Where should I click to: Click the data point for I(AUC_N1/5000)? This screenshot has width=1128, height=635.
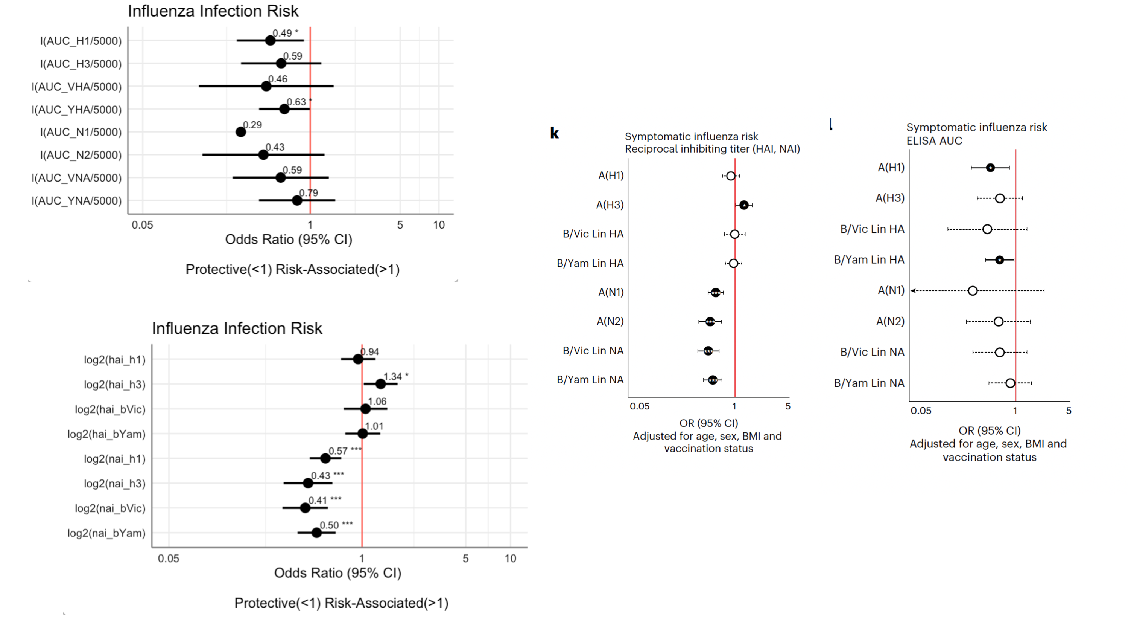[x=240, y=132]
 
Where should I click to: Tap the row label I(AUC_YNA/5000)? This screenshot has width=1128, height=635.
[x=77, y=201]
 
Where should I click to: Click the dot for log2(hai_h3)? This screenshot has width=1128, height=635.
[x=380, y=384]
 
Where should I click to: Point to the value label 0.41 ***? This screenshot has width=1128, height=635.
[x=324, y=501]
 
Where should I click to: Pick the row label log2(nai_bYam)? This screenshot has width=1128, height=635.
[x=106, y=533]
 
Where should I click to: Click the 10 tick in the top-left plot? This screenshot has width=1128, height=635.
[x=439, y=225]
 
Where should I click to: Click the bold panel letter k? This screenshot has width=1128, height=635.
[x=554, y=133]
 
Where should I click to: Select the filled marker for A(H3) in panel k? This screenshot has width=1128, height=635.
[x=743, y=205]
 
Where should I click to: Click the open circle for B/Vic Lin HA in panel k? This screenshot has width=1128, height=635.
[x=734, y=234]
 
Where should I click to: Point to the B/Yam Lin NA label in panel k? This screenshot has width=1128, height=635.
[x=590, y=380]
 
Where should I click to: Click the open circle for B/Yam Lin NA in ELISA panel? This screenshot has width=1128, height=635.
[x=1010, y=383]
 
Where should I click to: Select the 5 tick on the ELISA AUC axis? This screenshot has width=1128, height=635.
[x=1069, y=411]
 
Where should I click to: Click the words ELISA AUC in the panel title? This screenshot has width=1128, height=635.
[x=934, y=141]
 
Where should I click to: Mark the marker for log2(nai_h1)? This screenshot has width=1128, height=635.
[x=325, y=458]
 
